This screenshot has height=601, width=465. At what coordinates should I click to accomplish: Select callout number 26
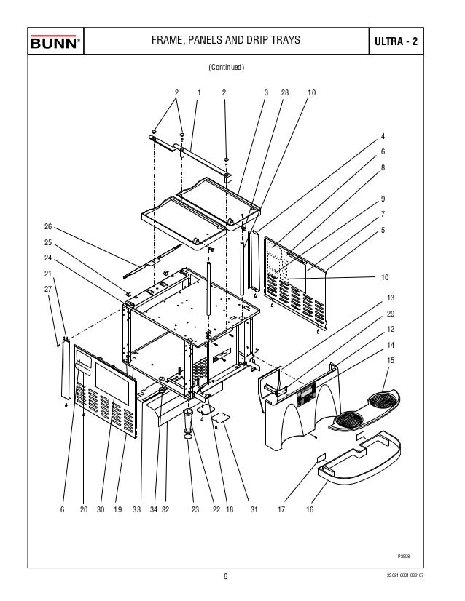(x=48, y=226)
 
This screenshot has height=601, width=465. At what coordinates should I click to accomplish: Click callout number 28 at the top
(x=285, y=92)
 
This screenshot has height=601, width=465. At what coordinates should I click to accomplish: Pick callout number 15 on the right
(x=391, y=360)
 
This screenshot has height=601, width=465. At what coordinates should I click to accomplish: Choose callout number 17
(x=281, y=509)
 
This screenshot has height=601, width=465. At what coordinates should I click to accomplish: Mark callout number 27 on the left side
(x=48, y=289)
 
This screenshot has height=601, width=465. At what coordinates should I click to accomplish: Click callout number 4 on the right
(x=383, y=136)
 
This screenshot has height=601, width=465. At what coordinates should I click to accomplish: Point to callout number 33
(x=136, y=509)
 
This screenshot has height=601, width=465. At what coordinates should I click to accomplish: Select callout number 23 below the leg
(x=195, y=509)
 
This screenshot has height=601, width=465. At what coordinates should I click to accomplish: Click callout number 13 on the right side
(x=391, y=298)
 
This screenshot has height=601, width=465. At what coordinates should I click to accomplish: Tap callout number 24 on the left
(x=48, y=258)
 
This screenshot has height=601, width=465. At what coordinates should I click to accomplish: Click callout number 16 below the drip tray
(x=310, y=509)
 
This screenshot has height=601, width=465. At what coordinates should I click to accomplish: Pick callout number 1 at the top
(x=199, y=92)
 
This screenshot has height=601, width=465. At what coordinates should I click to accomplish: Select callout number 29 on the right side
(x=391, y=314)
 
